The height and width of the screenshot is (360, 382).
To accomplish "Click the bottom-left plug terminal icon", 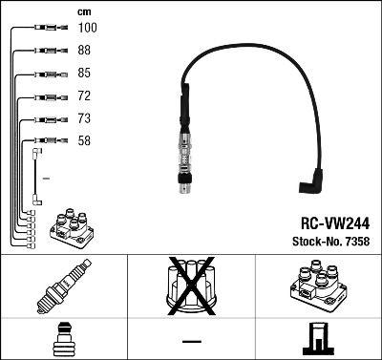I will [x=62, y=338].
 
